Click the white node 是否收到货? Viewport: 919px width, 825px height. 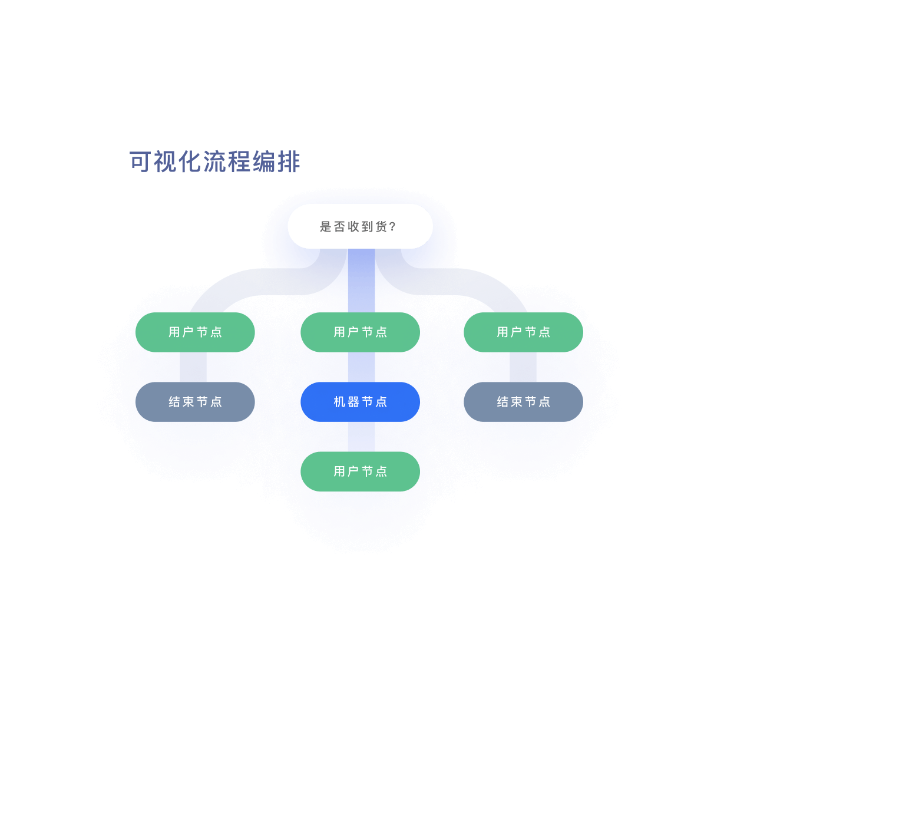tap(360, 226)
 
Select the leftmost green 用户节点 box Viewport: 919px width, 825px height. tap(195, 332)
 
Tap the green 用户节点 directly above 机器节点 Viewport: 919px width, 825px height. tap(360, 332)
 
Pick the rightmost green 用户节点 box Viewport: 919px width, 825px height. tap(523, 332)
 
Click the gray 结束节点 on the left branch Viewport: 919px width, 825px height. tap(195, 402)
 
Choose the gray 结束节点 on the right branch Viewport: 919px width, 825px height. tap(523, 402)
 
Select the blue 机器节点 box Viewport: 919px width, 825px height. tap(360, 402)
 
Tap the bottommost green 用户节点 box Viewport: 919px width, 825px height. tap(360, 471)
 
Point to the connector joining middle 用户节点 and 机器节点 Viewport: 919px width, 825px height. tap(361, 367)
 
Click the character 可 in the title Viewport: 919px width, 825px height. tap(140, 162)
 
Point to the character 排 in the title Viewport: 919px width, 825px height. tap(289, 162)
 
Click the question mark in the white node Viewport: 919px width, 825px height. tap(393, 227)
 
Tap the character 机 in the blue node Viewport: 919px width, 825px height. tap(339, 402)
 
